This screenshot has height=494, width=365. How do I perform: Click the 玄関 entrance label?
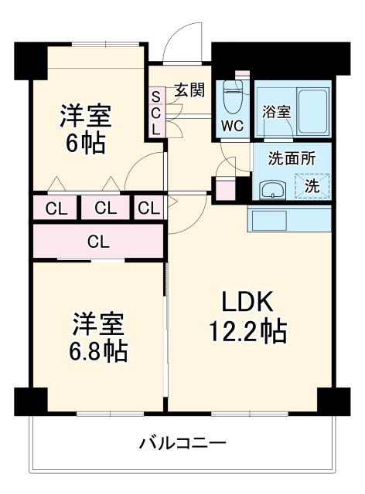(188, 90)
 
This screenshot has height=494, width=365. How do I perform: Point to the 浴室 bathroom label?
(276, 111)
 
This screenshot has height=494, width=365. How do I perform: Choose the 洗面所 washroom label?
(291, 159)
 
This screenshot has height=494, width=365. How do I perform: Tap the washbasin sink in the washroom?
(272, 189)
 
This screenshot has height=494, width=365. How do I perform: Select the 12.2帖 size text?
(247, 332)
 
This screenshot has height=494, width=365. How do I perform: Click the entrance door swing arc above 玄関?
(186, 43)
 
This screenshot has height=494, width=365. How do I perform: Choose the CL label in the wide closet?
(98, 241)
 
